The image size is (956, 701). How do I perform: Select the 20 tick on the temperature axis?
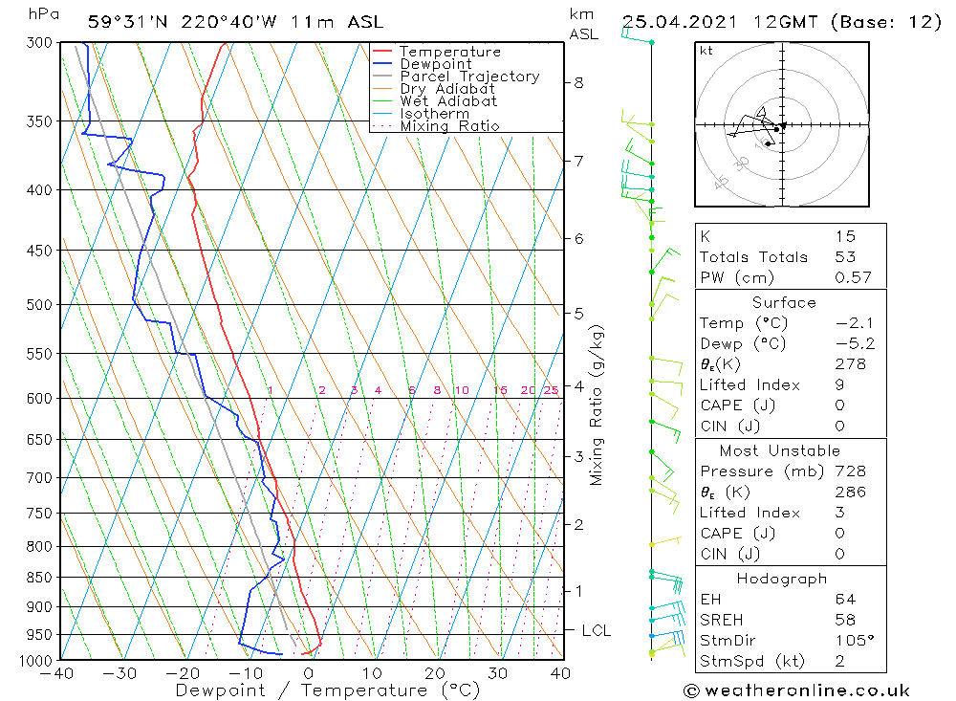pyautogui.click(x=436, y=673)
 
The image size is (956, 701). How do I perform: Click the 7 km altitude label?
pyautogui.click(x=578, y=161)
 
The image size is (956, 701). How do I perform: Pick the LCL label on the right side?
pyautogui.click(x=596, y=631)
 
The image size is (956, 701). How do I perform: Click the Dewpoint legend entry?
pyautogui.click(x=436, y=64)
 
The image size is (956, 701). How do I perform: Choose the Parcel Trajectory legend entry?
pyautogui.click(x=469, y=77)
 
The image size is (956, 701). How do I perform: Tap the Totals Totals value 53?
pyautogui.click(x=845, y=257)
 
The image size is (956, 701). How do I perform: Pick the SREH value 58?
pyautogui.click(x=845, y=620)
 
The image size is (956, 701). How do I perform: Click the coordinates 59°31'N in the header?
pyautogui.click(x=125, y=22)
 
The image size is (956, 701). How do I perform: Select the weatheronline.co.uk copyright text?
pyautogui.click(x=796, y=690)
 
